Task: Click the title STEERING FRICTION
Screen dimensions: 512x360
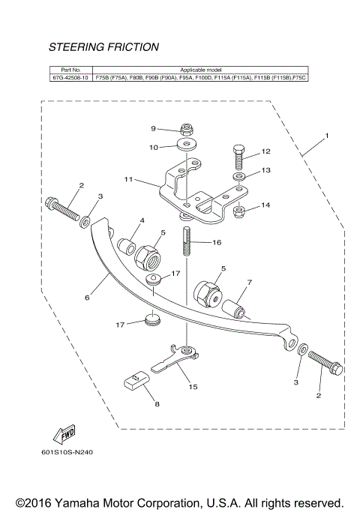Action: click(103, 47)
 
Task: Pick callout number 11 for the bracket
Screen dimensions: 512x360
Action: click(128, 180)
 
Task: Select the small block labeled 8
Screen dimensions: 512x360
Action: click(136, 384)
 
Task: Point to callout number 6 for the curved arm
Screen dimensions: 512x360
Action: click(87, 298)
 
